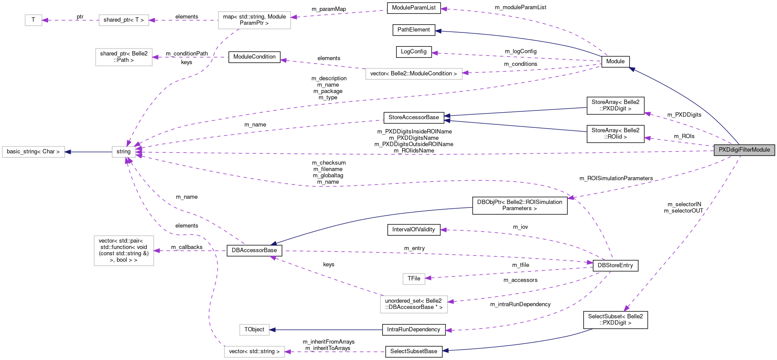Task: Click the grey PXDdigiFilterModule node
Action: coord(744,150)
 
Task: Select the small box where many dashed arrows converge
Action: coord(124,152)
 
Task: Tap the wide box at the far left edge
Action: coord(33,152)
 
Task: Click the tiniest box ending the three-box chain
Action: coord(33,20)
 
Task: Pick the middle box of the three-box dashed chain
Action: coord(124,20)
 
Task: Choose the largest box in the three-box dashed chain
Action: coord(254,20)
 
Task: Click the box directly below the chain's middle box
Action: coord(124,57)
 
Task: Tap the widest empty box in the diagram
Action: coord(414,74)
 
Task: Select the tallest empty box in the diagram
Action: coord(124,251)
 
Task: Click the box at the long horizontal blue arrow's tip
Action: coord(254,330)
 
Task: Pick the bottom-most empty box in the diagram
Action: coord(254,352)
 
